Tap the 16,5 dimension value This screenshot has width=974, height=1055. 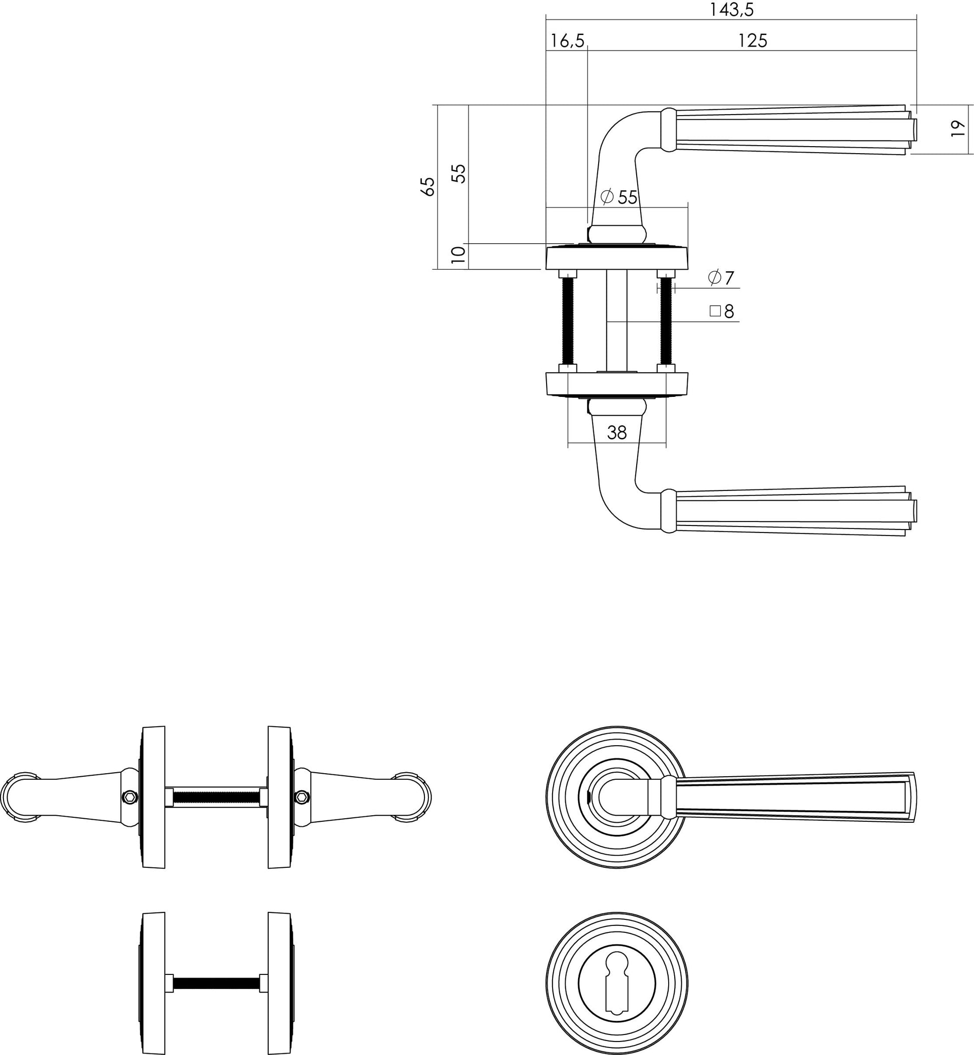[567, 41]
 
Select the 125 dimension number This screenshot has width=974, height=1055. [752, 41]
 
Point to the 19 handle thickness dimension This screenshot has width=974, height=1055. [957, 129]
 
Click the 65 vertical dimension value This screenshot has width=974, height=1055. [428, 187]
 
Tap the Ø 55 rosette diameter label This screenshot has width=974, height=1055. [619, 197]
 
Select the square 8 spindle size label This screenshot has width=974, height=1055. [722, 311]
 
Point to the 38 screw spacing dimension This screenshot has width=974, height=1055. [617, 432]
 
